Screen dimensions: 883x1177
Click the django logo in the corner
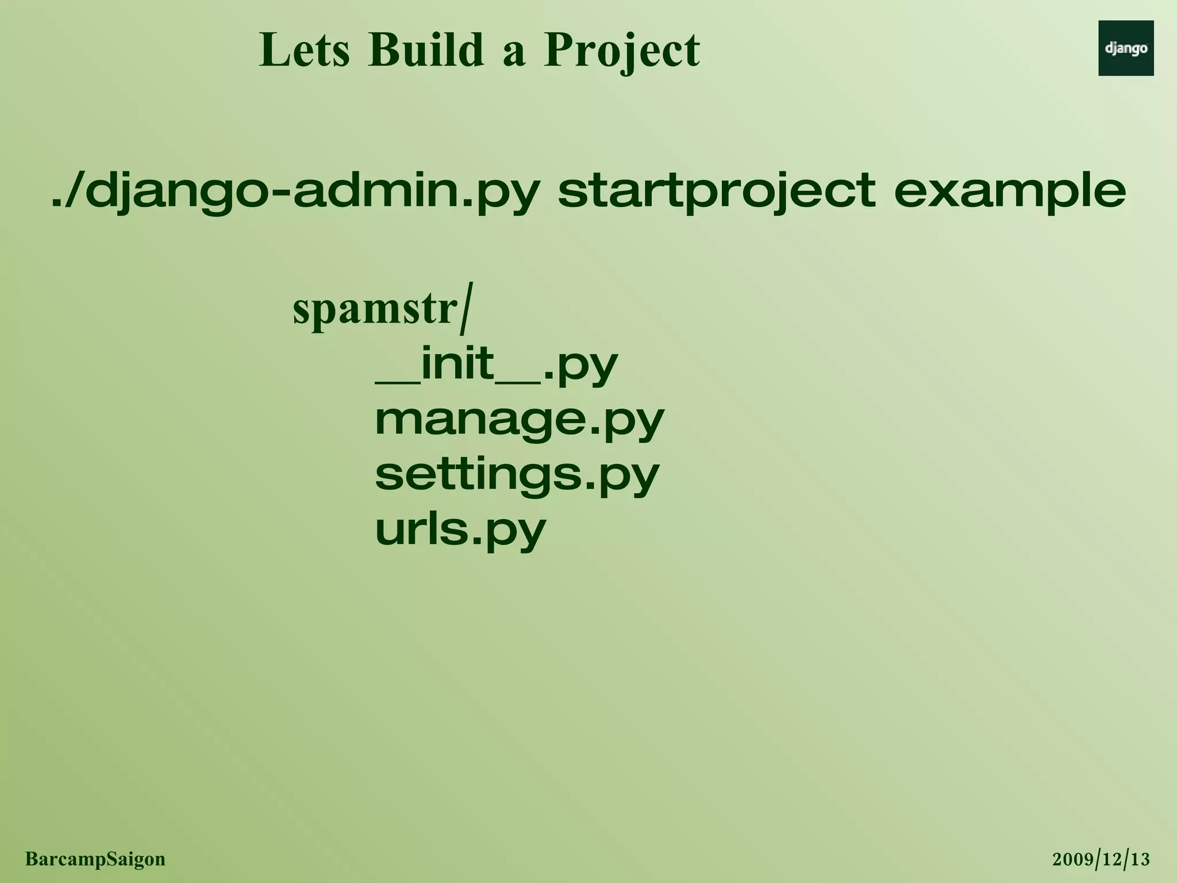click(1125, 48)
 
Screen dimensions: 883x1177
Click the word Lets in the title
click(304, 51)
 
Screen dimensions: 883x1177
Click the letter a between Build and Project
click(514, 55)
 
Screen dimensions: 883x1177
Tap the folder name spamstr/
click(382, 310)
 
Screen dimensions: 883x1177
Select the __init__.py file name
click(496, 366)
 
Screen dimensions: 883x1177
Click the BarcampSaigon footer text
click(95, 859)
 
